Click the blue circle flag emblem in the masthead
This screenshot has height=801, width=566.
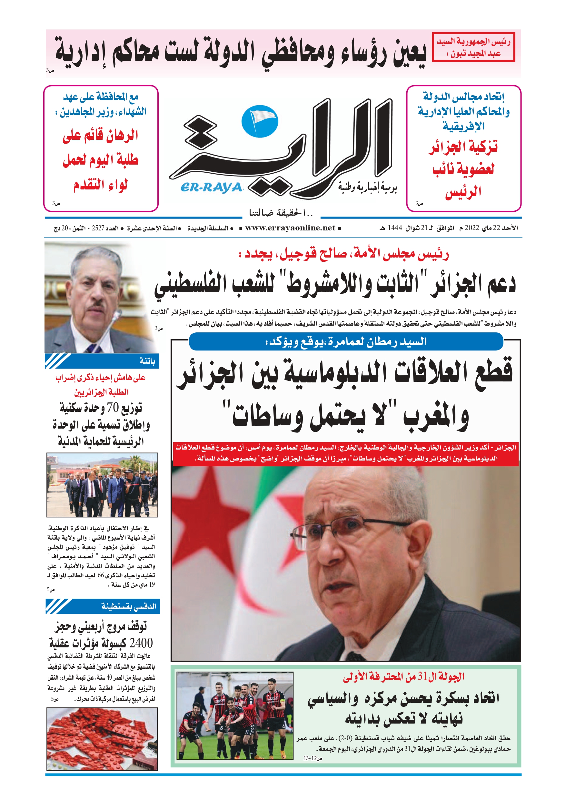click(260, 121)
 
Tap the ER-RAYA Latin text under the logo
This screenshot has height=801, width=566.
click(211, 188)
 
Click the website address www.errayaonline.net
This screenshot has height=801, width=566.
click(290, 228)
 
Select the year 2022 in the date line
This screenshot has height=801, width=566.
click(472, 228)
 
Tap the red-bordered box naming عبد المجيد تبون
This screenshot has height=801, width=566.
click(473, 47)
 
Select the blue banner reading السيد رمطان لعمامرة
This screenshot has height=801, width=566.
click(346, 341)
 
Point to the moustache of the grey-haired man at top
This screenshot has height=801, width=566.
click(95, 307)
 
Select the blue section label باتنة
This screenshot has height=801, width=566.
click(147, 361)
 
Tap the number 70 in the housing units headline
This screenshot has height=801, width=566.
click(113, 407)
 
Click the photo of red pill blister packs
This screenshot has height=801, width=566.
click(102, 738)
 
